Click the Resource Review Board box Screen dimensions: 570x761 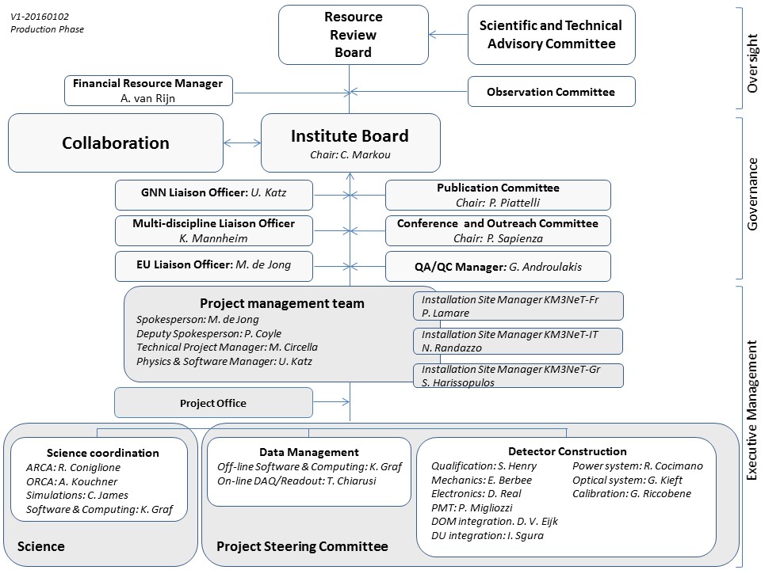pos(353,35)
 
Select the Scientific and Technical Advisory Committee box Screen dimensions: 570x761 pos(551,35)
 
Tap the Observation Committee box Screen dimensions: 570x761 pos(551,92)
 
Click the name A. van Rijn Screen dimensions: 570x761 pos(147,97)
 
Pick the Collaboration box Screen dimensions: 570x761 pos(116,143)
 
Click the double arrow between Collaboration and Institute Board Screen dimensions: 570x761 pos(243,143)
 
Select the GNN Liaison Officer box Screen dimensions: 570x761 pos(214,194)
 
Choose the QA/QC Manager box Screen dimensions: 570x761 pos(498,266)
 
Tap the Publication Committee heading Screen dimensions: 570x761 pos(498,188)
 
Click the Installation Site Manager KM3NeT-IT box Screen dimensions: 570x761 pos(518,341)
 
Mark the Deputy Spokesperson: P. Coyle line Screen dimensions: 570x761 pos(208,334)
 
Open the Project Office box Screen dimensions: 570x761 pos(213,403)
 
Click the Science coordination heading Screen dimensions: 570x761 pos(103,453)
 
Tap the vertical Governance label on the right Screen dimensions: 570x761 pos(752,194)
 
